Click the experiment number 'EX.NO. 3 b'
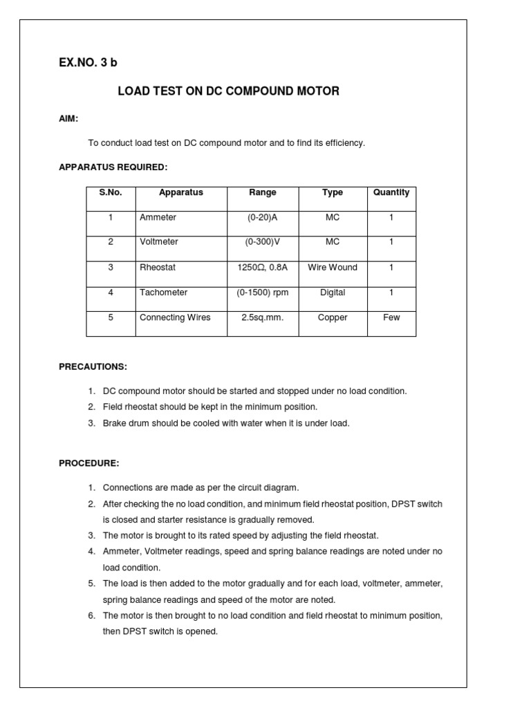point(88,63)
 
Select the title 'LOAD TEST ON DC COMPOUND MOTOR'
point(228,91)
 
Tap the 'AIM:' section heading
point(68,119)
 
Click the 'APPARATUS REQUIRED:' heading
point(113,167)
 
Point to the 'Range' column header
point(263,193)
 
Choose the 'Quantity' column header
point(391,193)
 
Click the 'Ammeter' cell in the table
point(158,217)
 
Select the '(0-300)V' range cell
point(263,242)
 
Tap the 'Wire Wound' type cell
point(333,267)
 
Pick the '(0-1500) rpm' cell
point(263,292)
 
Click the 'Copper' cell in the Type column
point(333,317)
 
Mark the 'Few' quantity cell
point(391,317)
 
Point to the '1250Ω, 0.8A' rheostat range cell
point(263,267)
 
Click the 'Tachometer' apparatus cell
point(163,292)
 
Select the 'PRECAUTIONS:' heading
point(93,366)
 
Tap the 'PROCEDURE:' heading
point(89,463)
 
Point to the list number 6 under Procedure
point(91,615)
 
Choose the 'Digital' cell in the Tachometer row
point(333,292)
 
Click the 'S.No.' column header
point(111,193)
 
